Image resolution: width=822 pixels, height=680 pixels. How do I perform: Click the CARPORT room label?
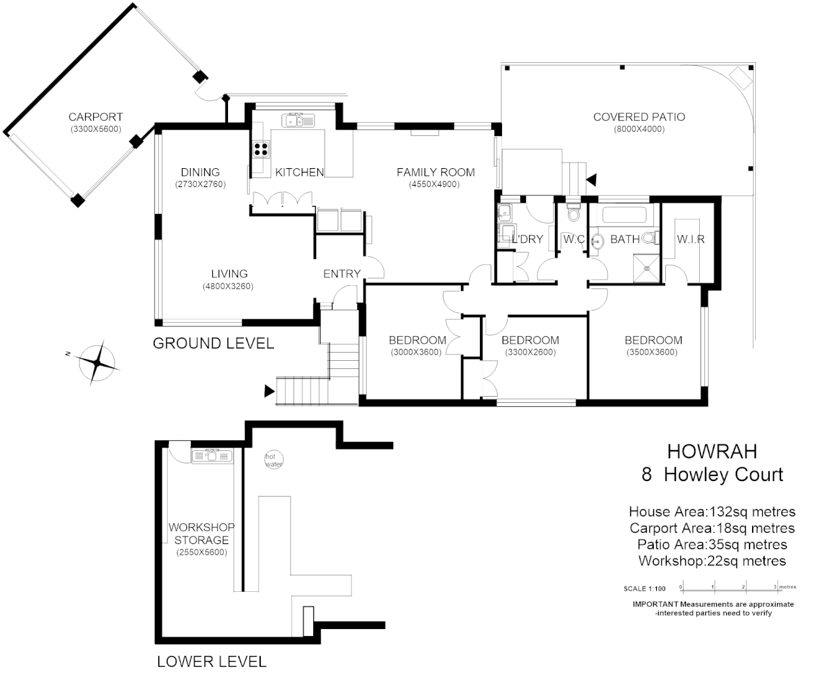(95, 117)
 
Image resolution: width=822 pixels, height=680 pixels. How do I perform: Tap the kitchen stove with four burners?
(261, 150)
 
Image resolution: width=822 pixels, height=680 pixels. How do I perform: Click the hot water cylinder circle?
(274, 460)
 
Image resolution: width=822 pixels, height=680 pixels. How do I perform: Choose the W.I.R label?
(690, 239)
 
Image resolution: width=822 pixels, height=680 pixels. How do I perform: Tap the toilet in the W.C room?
(573, 214)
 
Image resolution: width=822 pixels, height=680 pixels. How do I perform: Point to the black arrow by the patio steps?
(591, 180)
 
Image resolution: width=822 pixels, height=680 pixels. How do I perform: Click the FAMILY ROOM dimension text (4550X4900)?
(434, 184)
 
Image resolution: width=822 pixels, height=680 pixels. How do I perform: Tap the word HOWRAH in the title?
(712, 451)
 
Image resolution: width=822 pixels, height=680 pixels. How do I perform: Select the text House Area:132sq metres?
(712, 512)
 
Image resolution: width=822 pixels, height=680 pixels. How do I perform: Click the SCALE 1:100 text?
(644, 589)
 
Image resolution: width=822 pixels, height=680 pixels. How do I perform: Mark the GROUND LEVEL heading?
(214, 343)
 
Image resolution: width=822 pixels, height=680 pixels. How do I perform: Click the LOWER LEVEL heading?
(212, 662)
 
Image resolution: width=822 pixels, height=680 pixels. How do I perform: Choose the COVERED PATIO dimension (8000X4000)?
(639, 130)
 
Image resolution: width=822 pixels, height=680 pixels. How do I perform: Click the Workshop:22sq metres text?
(712, 561)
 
